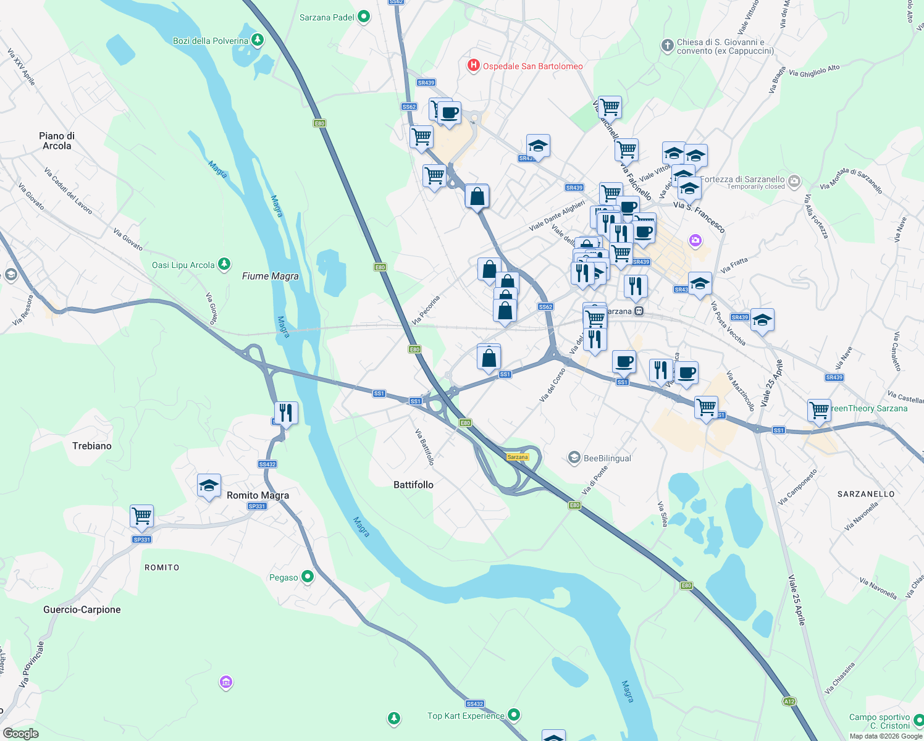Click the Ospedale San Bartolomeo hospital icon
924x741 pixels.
[x=474, y=65]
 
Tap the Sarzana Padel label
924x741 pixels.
[x=327, y=17]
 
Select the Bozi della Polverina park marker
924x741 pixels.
[x=258, y=41]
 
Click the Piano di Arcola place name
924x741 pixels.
[x=57, y=141]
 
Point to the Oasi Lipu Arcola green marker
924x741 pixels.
[x=224, y=265]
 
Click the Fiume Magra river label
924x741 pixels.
[x=270, y=276]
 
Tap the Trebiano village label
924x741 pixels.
[x=92, y=446]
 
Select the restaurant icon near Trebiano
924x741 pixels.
[x=286, y=412]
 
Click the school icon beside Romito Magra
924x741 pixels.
[x=209, y=485]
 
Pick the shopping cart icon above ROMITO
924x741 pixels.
[x=142, y=516]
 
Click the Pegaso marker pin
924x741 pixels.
[x=307, y=577]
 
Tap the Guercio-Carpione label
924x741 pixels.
[x=82, y=609]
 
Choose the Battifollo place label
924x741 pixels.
[x=413, y=485]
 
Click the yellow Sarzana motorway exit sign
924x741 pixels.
[x=518, y=457]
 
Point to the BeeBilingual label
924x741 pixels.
[x=607, y=458]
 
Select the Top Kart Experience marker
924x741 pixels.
[x=513, y=715]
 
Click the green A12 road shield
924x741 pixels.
[x=789, y=701]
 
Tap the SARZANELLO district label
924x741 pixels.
[x=866, y=494]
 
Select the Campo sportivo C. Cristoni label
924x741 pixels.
[x=879, y=721]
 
